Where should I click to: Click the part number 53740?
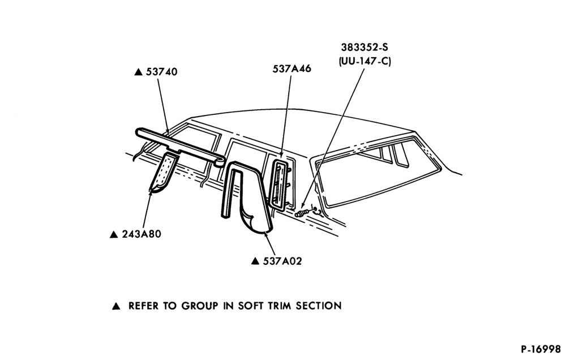pos(161,72)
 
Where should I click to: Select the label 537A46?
pos(291,68)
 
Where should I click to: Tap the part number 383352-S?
pos(365,48)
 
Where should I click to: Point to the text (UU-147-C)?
pos(365,61)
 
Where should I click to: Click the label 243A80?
pos(141,234)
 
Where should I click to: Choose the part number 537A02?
pos(282,261)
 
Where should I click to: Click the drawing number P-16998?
pos(541,349)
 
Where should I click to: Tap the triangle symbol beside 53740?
pos(138,72)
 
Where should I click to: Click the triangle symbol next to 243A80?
pos(114,235)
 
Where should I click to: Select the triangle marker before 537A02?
pos(255,261)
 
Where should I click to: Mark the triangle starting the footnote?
pos(116,306)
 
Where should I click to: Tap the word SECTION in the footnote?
pos(318,306)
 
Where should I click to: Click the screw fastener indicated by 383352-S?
pos(301,213)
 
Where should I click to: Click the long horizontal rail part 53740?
pos(179,146)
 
